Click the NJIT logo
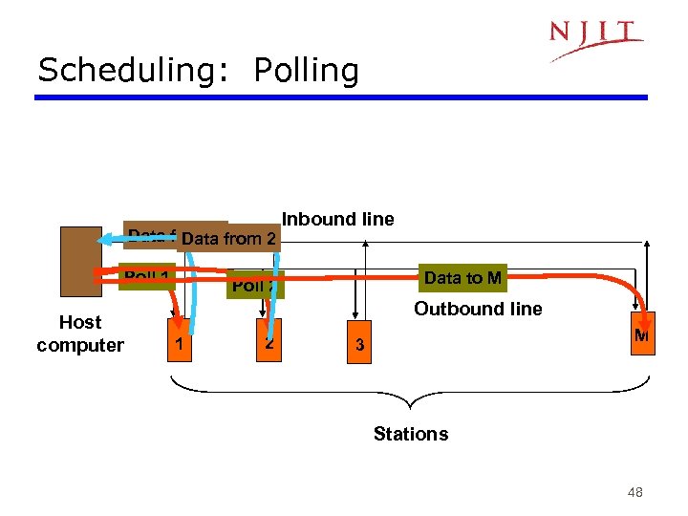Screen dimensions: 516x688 [595, 39]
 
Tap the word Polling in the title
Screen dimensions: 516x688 [307, 71]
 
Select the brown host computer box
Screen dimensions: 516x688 [79, 263]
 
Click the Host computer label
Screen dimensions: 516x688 [80, 333]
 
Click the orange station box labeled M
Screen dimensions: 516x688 [642, 335]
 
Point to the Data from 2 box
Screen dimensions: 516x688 [229, 239]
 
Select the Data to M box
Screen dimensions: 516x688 [462, 278]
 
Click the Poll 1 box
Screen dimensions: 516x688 [146, 277]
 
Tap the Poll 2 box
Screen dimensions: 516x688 [255, 285]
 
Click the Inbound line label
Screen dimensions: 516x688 [337, 219]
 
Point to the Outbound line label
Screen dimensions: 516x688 [477, 309]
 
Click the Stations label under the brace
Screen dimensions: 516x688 [411, 434]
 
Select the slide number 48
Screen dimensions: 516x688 [634, 492]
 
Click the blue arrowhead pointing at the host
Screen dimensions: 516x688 [106, 239]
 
